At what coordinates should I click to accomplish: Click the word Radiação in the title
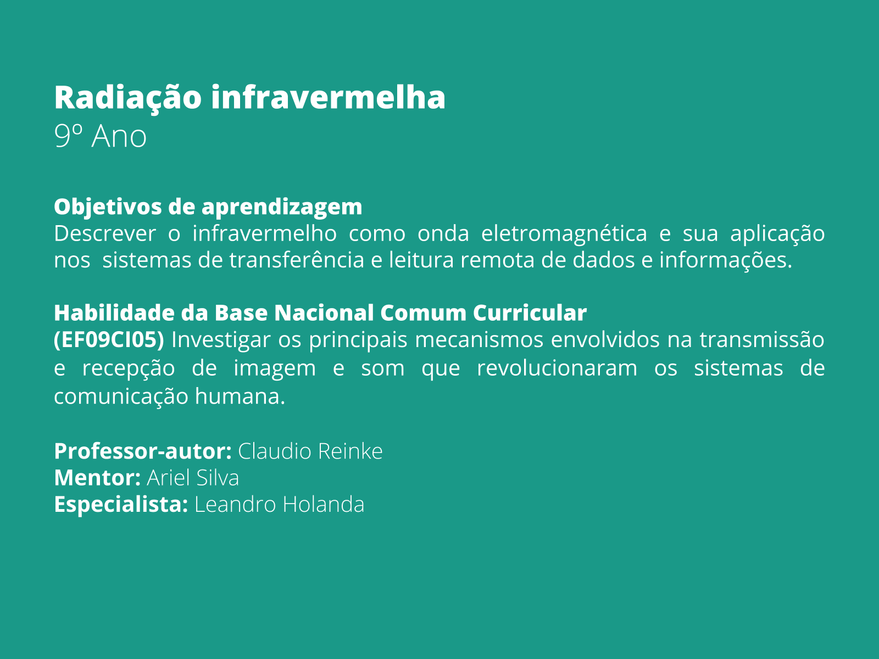coord(127,98)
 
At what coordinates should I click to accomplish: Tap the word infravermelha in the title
coord(328,98)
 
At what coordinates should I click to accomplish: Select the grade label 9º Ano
coord(101,136)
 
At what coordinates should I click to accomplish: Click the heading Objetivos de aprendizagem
coord(208,207)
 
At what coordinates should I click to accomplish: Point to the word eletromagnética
coord(564,234)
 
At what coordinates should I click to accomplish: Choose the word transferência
coord(297,260)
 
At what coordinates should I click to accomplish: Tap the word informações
coord(726,260)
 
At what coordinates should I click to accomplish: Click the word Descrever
coord(105,234)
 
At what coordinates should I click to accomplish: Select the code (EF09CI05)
coord(109,340)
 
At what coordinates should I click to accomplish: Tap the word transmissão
coord(762,340)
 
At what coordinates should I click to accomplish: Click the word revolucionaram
coord(557,368)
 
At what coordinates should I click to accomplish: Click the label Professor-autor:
coord(143,451)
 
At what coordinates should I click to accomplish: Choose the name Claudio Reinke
coord(310,451)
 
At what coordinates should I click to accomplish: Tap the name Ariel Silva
coord(193,478)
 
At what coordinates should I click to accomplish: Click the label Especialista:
coord(121,505)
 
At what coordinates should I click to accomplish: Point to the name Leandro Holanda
coord(280,505)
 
